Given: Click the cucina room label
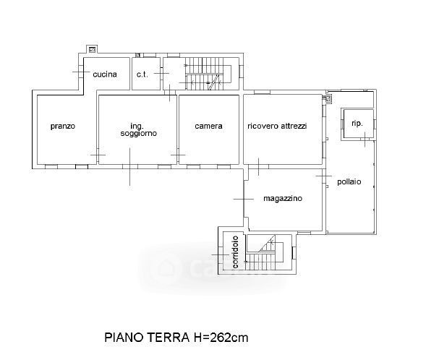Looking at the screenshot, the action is point(105,74).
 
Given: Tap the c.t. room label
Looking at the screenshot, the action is point(142,74).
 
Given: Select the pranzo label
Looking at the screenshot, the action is point(63,127).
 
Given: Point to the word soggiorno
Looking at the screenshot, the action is point(139,133).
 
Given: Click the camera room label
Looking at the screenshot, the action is point(208,126).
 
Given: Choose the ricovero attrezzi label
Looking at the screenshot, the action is point(277,126).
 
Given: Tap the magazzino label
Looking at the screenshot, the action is point(283,199).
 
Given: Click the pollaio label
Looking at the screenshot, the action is point(349,181).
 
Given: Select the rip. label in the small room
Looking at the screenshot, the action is point(357,124).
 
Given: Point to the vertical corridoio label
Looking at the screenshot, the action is point(235,252).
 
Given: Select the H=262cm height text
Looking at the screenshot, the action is point(221,338).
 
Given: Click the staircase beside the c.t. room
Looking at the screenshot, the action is point(208,74).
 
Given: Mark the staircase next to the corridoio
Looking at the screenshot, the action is point(265,252).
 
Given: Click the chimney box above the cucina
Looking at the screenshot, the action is point(93,49).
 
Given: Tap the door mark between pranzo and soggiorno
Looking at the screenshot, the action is point(98,155).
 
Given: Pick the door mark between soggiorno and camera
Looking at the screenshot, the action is point(178,155).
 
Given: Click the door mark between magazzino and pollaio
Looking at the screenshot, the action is point(324,176).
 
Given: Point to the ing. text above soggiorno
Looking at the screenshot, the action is point(137,127).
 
